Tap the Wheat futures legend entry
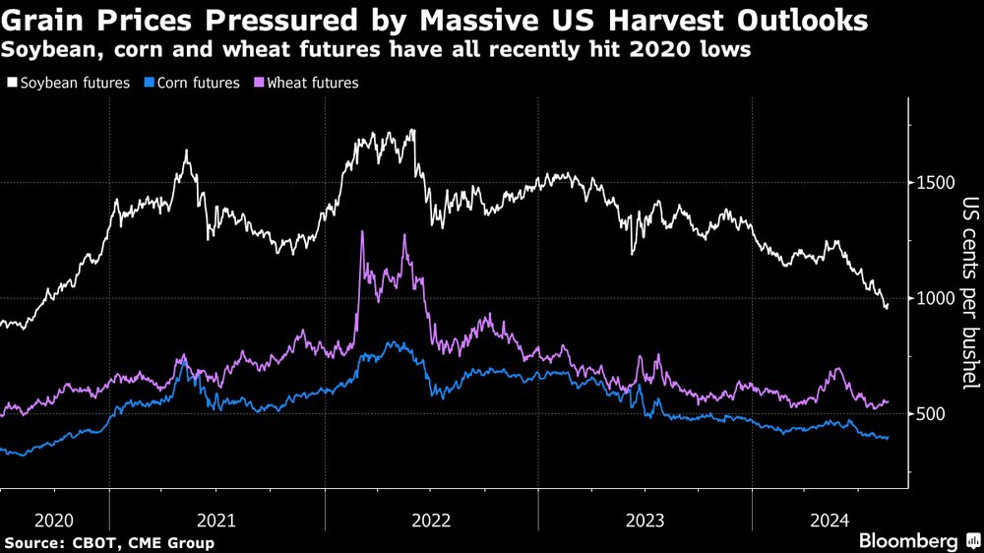pos(305,83)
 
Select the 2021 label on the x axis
pos(216,520)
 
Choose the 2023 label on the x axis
pos(645,520)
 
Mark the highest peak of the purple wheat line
pos(362,232)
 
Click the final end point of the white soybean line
pos(888,307)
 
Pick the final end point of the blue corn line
pos(888,438)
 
